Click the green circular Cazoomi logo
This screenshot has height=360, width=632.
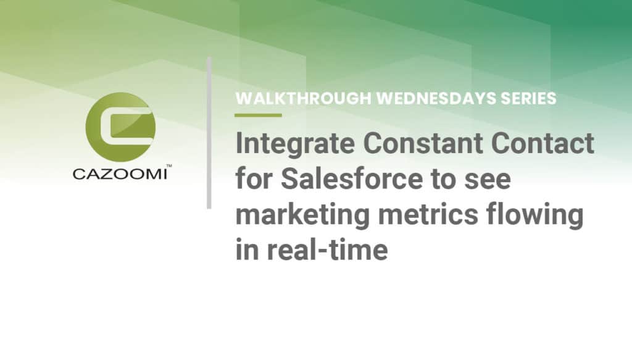121,127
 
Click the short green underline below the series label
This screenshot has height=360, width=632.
258,115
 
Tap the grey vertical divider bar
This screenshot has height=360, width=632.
209,133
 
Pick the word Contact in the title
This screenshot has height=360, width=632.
548,144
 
